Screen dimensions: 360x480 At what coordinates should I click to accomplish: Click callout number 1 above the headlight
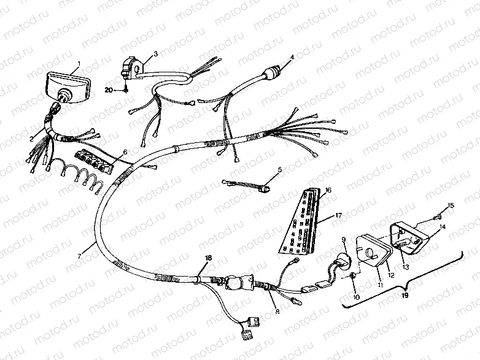[x=79, y=64]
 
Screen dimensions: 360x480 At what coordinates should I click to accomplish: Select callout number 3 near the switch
[x=155, y=54]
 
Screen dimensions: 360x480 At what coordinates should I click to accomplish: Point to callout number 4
[x=292, y=57]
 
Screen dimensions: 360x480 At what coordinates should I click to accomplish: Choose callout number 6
[x=125, y=151]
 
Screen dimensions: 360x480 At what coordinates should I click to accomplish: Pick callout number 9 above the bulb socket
[x=343, y=239]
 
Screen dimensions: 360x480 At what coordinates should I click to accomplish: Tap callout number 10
[x=355, y=296]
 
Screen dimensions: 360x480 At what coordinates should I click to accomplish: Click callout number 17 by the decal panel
[x=337, y=215]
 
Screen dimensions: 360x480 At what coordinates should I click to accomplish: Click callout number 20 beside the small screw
[x=109, y=90]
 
